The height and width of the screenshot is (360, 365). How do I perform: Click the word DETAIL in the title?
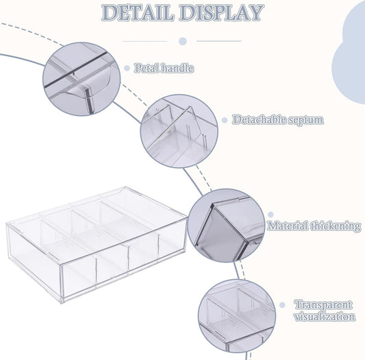tap(138, 12)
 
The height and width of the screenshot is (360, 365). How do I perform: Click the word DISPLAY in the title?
tap(222, 12)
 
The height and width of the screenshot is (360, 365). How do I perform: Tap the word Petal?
tap(147, 68)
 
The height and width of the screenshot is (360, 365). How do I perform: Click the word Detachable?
tap(259, 120)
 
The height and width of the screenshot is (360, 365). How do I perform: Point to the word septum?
tap(306, 120)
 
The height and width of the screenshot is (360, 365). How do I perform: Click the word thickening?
tap(336, 226)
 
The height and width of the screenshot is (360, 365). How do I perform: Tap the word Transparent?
tap(323, 304)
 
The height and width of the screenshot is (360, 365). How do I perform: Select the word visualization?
tap(325, 317)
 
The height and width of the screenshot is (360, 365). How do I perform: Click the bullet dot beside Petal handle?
tap(127, 68)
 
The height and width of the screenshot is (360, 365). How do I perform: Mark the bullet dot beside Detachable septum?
tap(225, 120)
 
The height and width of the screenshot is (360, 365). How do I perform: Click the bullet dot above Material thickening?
tap(270, 215)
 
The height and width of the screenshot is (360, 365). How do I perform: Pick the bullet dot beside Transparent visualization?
tap(282, 305)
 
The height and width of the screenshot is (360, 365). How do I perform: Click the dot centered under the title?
tap(183, 41)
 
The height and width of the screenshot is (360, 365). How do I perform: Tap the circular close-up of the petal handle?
tap(81, 79)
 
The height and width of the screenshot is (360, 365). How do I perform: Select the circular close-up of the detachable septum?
tap(179, 131)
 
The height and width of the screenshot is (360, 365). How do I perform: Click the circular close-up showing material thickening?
tap(226, 226)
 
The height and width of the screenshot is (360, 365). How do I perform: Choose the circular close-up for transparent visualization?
tap(237, 316)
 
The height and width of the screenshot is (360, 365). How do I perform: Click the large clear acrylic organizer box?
tap(97, 245)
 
